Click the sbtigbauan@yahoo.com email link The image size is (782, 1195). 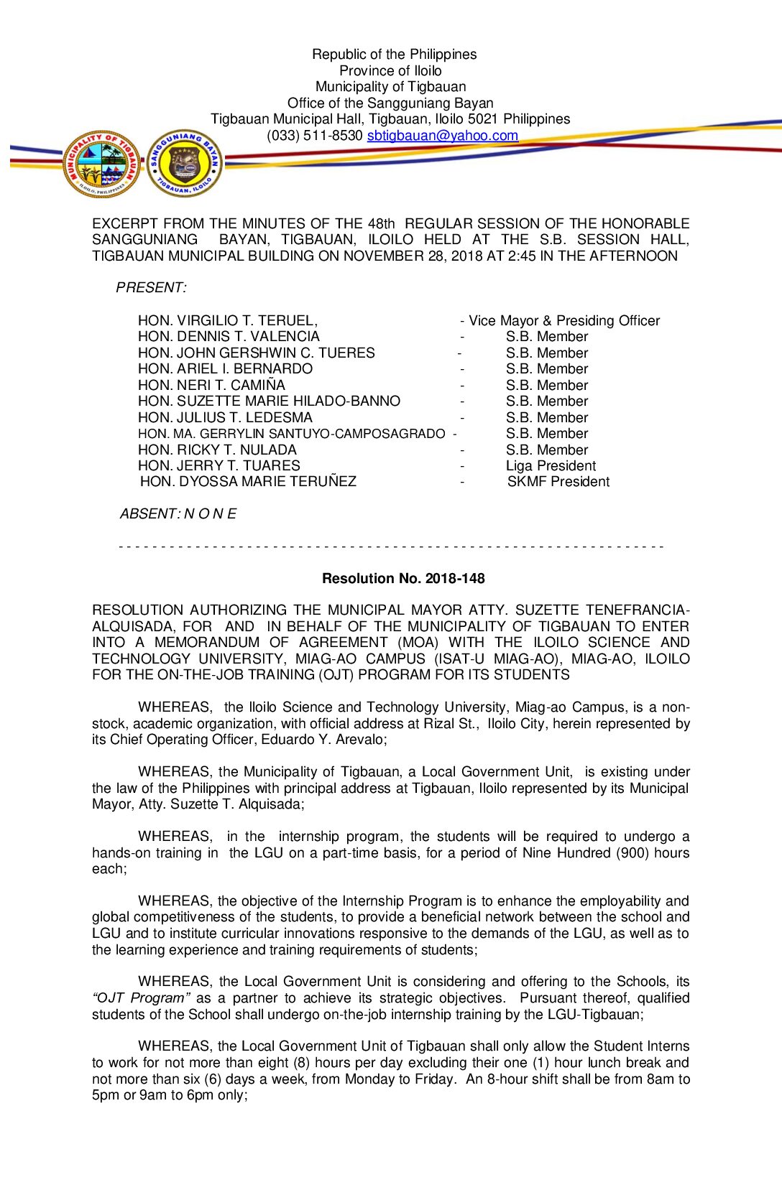point(442,136)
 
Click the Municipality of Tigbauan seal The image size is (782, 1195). point(101,164)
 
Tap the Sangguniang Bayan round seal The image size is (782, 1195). point(185,164)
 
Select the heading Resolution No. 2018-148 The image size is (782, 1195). point(403,578)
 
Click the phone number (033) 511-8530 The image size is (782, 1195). point(315,136)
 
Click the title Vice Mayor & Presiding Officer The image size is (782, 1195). point(563,320)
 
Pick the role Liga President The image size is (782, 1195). point(551,465)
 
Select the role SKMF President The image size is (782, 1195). point(558,481)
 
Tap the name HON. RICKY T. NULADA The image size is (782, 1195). point(217,450)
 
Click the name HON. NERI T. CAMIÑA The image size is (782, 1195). point(211,385)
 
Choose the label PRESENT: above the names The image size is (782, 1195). point(151,287)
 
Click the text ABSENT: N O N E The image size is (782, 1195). point(178,513)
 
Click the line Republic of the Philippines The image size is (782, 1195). point(394,54)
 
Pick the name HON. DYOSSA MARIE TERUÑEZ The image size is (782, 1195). point(248,481)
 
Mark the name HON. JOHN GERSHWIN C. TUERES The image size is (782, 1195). point(256,353)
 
